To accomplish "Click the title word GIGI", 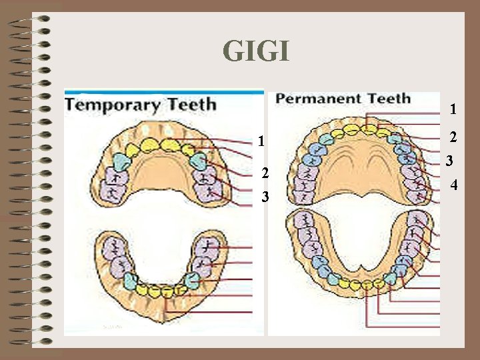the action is pyautogui.click(x=257, y=51).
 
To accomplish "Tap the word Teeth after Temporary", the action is pyautogui.click(x=189, y=105).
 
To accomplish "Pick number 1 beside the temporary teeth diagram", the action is pyautogui.click(x=263, y=141).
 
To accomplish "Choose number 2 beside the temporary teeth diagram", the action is pyautogui.click(x=265, y=173).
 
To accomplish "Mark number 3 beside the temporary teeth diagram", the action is pyautogui.click(x=265, y=197).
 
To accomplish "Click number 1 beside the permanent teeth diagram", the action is pyautogui.click(x=453, y=108).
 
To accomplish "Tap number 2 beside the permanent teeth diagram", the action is pyautogui.click(x=453, y=137).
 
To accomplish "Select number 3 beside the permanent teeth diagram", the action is pyautogui.click(x=450, y=161).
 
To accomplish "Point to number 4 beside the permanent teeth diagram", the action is pyautogui.click(x=454, y=183).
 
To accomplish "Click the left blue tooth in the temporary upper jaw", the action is pyautogui.click(x=120, y=161).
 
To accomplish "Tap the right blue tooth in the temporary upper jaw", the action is pyautogui.click(x=197, y=161).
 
